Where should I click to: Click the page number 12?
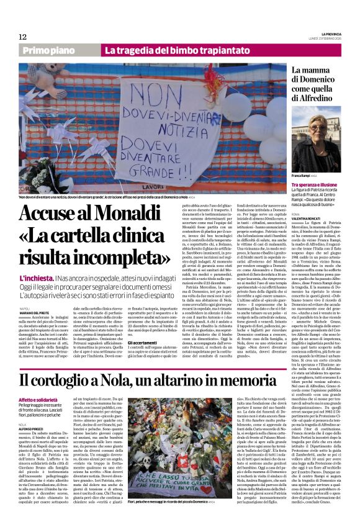23,37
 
